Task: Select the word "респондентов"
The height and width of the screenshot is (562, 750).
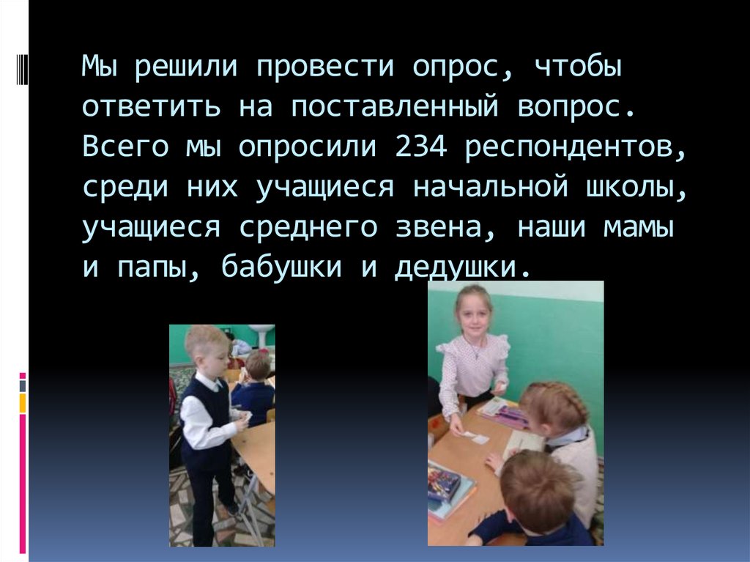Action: [575, 147]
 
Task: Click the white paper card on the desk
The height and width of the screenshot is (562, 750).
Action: [475, 437]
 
